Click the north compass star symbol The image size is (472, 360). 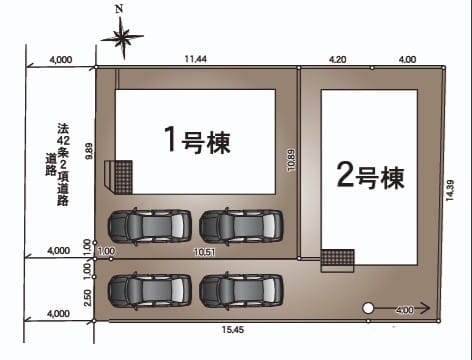click(122, 37)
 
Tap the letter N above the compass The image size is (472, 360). click(119, 9)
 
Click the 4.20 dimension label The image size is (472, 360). click(337, 59)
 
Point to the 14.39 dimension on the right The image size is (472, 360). click(450, 190)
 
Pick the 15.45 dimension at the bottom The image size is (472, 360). click(233, 330)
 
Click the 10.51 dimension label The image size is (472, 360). click(204, 252)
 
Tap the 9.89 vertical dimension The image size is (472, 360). click(89, 151)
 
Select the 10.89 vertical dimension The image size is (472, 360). click(291, 160)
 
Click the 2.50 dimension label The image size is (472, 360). click(88, 298)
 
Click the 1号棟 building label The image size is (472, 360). click(197, 140)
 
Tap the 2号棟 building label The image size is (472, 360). click(371, 176)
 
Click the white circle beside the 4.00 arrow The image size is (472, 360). click(368, 308)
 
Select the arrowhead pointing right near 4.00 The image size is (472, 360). click(425, 308)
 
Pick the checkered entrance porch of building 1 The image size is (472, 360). click(124, 177)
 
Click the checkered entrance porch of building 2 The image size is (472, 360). click(337, 257)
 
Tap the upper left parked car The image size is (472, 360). click(150, 226)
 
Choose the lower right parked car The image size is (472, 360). click(241, 291)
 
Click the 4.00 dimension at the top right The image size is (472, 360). click(407, 59)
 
